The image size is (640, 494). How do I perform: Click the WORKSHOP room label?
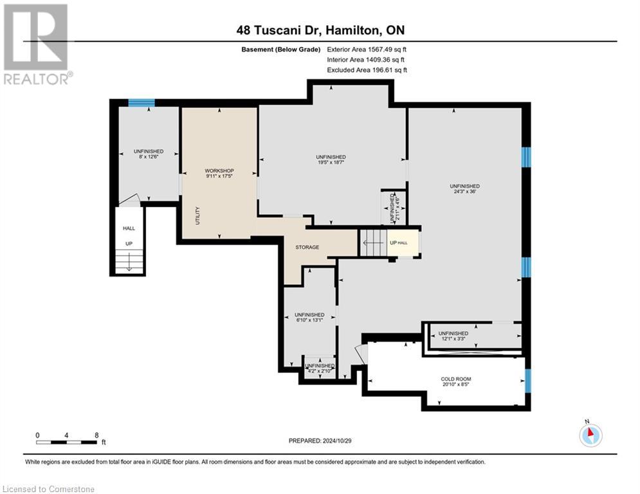point(219,170)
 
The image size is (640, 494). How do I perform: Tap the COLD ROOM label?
point(456,379)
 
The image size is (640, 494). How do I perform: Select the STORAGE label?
point(307,248)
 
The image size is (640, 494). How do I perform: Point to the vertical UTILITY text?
point(198,215)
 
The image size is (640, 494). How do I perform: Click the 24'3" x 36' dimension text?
point(464,192)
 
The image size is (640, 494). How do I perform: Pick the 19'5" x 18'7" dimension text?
point(331,162)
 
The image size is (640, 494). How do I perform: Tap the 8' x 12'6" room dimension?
point(149,157)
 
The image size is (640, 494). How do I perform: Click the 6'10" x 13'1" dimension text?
point(309,320)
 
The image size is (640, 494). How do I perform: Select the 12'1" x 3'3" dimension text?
point(453,338)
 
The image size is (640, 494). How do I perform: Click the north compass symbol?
point(590,435)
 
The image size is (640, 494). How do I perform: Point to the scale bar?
point(66,442)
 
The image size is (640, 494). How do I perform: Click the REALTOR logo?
point(37,44)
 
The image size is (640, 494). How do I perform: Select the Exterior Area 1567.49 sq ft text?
point(367,50)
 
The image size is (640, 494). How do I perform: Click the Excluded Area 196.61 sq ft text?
point(367,70)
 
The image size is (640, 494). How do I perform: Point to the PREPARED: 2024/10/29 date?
point(320,441)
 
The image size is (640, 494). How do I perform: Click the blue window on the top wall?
point(142,102)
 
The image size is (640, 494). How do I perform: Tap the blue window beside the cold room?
point(527,381)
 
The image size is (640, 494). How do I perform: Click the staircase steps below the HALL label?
point(129,261)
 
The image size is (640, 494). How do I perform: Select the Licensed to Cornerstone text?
point(48,489)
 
